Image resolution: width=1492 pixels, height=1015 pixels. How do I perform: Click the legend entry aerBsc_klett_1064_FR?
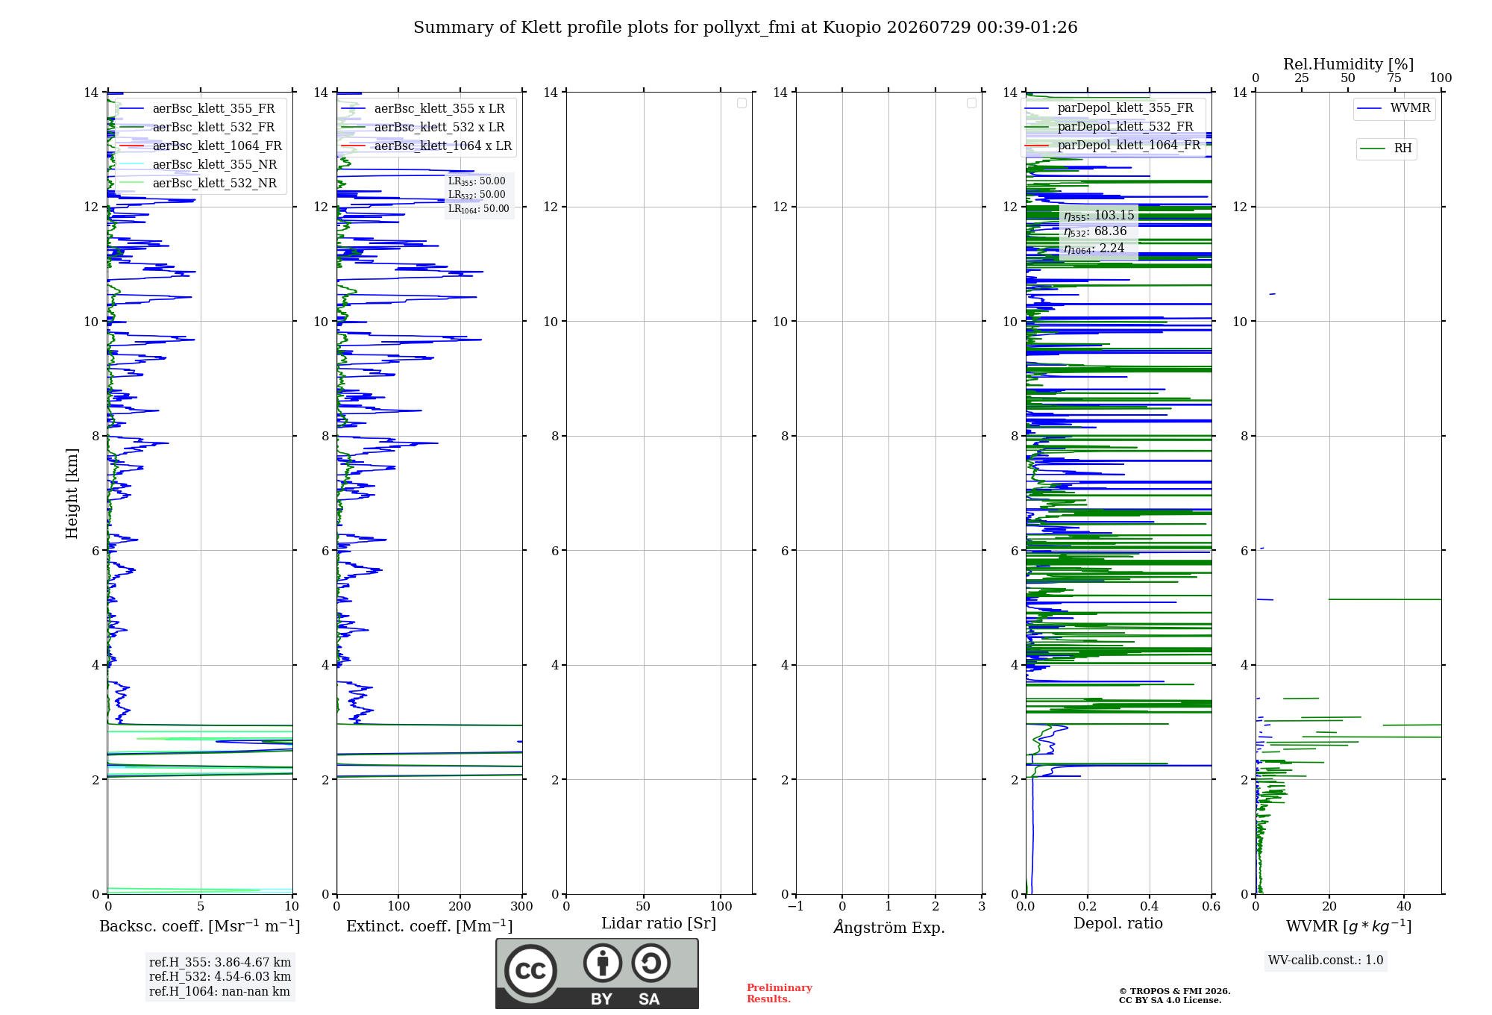coord(201,146)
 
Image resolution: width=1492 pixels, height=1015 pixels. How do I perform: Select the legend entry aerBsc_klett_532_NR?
coord(198,183)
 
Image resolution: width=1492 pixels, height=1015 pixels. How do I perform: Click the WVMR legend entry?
coord(1394,108)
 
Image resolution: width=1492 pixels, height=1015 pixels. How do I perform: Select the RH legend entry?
coord(1386,149)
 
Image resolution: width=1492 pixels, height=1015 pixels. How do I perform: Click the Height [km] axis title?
coord(72,493)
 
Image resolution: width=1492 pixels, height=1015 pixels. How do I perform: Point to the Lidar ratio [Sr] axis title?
coord(659,923)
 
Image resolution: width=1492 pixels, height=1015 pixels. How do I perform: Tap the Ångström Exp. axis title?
coord(889,927)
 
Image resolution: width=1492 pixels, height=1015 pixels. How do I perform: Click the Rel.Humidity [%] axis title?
coord(1349,64)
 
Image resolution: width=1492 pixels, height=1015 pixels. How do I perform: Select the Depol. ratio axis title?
coord(1118,923)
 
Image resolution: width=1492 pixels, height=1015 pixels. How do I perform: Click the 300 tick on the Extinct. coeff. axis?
coord(522,906)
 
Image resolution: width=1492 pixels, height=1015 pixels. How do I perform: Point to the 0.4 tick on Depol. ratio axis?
coord(1150,906)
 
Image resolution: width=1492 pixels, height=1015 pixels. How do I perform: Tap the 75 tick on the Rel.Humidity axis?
coord(1394,78)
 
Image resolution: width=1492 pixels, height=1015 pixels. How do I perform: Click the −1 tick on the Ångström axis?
coord(796,906)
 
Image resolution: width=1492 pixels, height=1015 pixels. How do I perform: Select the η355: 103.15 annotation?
coord(1099,216)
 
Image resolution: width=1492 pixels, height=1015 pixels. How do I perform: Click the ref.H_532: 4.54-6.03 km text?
coord(220,976)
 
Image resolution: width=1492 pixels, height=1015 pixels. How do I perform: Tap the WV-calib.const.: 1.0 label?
coord(1326,961)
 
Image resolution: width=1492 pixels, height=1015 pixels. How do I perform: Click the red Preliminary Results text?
coord(780,993)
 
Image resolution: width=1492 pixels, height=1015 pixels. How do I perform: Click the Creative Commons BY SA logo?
coord(598,974)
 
